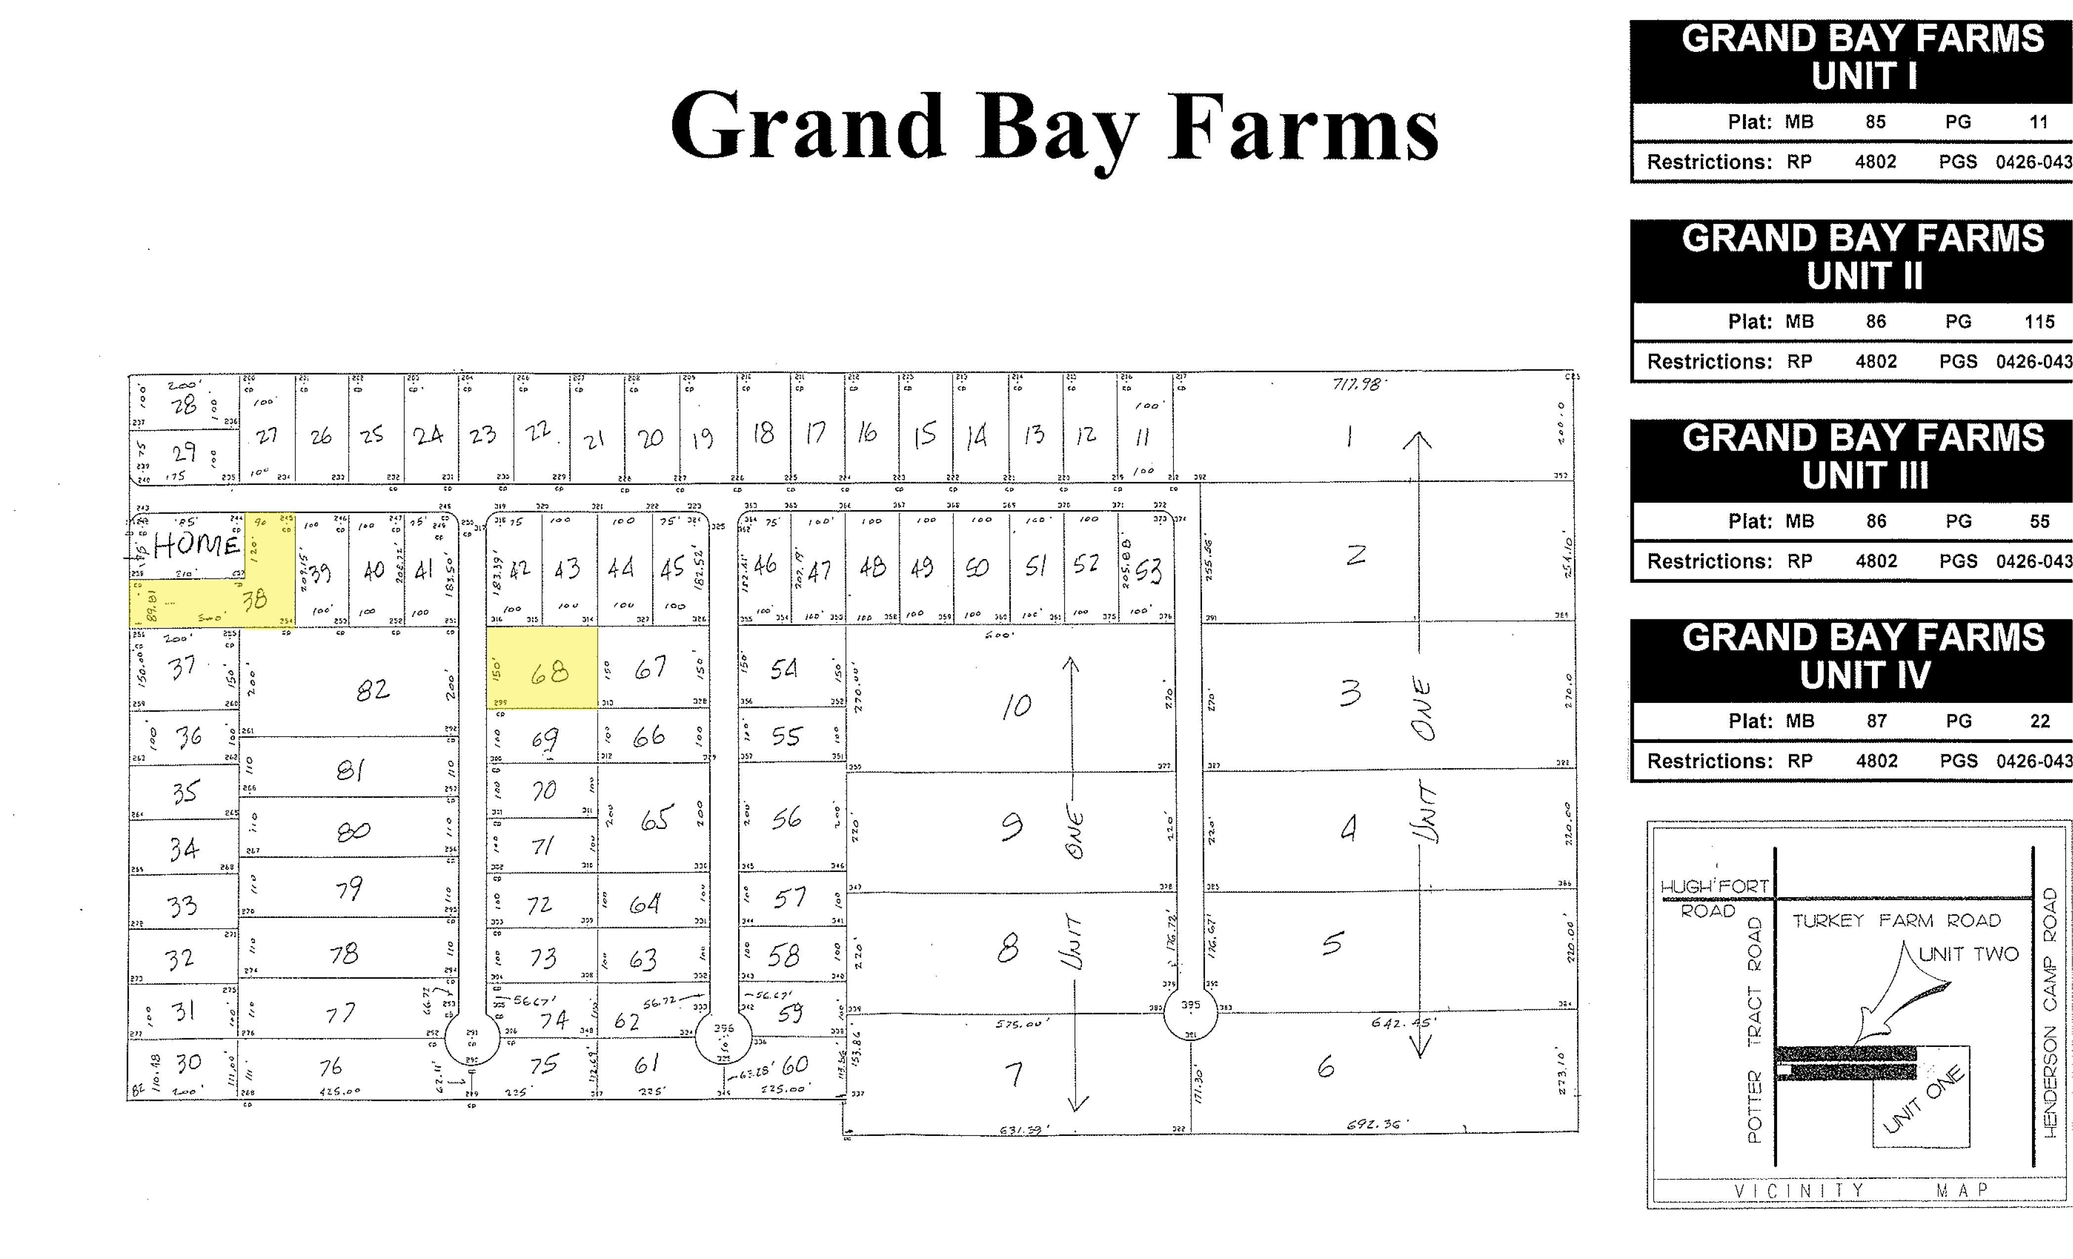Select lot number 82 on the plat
(x=373, y=690)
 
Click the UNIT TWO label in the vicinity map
(x=1969, y=954)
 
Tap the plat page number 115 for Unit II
(x=2039, y=321)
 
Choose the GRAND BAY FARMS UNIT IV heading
(x=1863, y=656)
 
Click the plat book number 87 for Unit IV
(x=1876, y=721)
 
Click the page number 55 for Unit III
(x=2039, y=521)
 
